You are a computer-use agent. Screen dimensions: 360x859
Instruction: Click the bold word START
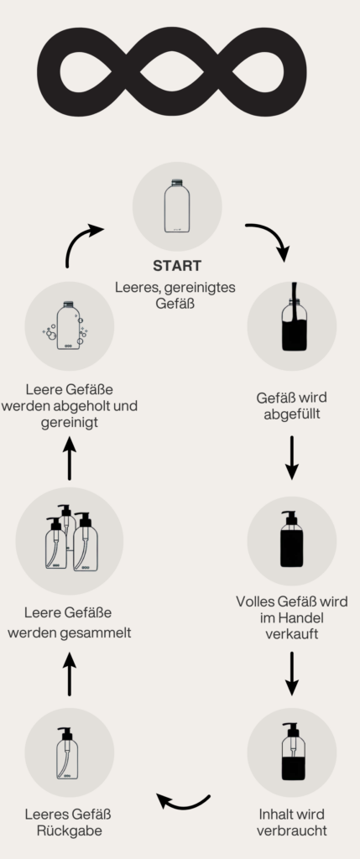point(177,266)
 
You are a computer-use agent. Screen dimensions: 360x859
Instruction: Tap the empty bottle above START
point(177,206)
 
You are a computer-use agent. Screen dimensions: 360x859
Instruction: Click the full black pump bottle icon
point(291,539)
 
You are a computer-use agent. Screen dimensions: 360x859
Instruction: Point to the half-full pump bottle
point(293,751)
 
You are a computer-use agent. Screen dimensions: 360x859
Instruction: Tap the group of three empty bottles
point(71,538)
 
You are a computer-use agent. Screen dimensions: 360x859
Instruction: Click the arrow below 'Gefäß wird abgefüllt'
point(292,457)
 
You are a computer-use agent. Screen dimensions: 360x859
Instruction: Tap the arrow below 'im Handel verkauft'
point(292,674)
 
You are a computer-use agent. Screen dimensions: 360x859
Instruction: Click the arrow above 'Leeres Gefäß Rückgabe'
point(70,674)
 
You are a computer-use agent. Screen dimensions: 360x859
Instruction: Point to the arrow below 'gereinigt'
point(70,459)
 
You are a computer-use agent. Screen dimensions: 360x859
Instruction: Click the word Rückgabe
point(70,830)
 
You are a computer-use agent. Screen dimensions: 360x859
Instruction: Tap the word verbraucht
point(291,830)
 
